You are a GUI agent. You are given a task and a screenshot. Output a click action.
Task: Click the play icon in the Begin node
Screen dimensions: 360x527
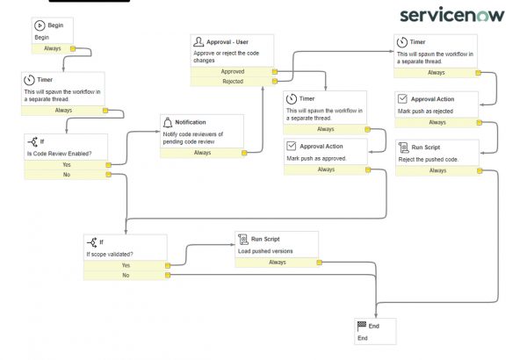40,26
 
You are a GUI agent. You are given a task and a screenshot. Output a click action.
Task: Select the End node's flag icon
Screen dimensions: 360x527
361,325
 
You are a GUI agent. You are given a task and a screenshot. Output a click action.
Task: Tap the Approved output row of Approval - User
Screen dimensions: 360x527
233,71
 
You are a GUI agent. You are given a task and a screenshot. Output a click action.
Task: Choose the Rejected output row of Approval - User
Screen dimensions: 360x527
233,82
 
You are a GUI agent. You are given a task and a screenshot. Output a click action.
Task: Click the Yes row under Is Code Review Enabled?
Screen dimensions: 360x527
67,164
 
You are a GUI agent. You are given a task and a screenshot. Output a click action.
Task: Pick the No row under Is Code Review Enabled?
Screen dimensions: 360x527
67,175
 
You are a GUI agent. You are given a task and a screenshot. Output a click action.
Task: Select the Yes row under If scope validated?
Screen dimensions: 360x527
126,264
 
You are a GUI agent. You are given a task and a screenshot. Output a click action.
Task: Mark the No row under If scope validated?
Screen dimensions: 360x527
126,275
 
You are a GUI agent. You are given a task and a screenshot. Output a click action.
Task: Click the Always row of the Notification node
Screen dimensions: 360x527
202,152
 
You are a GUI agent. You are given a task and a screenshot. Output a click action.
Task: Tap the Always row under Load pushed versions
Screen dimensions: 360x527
277,262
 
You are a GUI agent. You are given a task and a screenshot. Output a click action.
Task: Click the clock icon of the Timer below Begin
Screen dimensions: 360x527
30,80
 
